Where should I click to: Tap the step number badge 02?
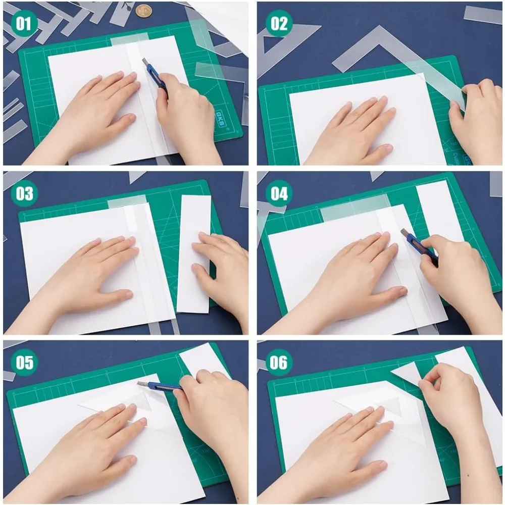coord(279,24)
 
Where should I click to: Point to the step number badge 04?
coord(279,193)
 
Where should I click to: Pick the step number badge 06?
coord(279,363)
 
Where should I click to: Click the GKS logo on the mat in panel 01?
coord(221,119)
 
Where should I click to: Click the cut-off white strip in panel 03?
coord(194,252)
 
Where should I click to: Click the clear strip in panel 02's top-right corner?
coord(482,15)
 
